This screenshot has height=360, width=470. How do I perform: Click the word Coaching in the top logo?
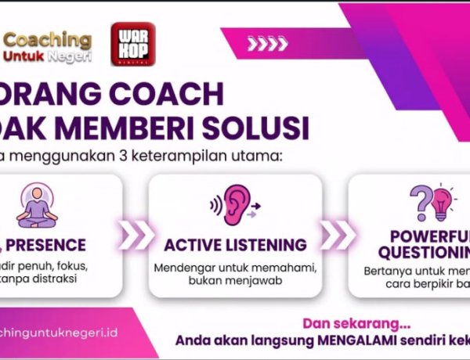click(60, 39)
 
